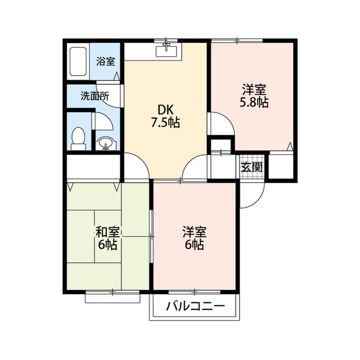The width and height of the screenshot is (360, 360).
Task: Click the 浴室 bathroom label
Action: click(105, 61)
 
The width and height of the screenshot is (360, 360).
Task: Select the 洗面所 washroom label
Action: click(94, 96)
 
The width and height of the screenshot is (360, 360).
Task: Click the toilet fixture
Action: click(78, 138)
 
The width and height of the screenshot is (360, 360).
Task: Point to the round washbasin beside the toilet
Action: click(104, 143)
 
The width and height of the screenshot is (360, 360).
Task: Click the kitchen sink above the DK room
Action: click(166, 52)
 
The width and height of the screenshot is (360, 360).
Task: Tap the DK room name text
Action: click(165, 110)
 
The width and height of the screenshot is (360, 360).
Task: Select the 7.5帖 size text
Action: click(165, 123)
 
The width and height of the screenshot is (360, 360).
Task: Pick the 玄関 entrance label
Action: click(251, 166)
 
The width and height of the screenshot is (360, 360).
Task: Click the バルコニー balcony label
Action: click(195, 307)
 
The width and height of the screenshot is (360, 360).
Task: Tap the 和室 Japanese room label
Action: click(107, 232)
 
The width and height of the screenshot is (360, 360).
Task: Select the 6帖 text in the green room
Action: click(107, 245)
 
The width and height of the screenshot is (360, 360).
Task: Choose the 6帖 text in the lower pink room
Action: click(194, 245)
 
